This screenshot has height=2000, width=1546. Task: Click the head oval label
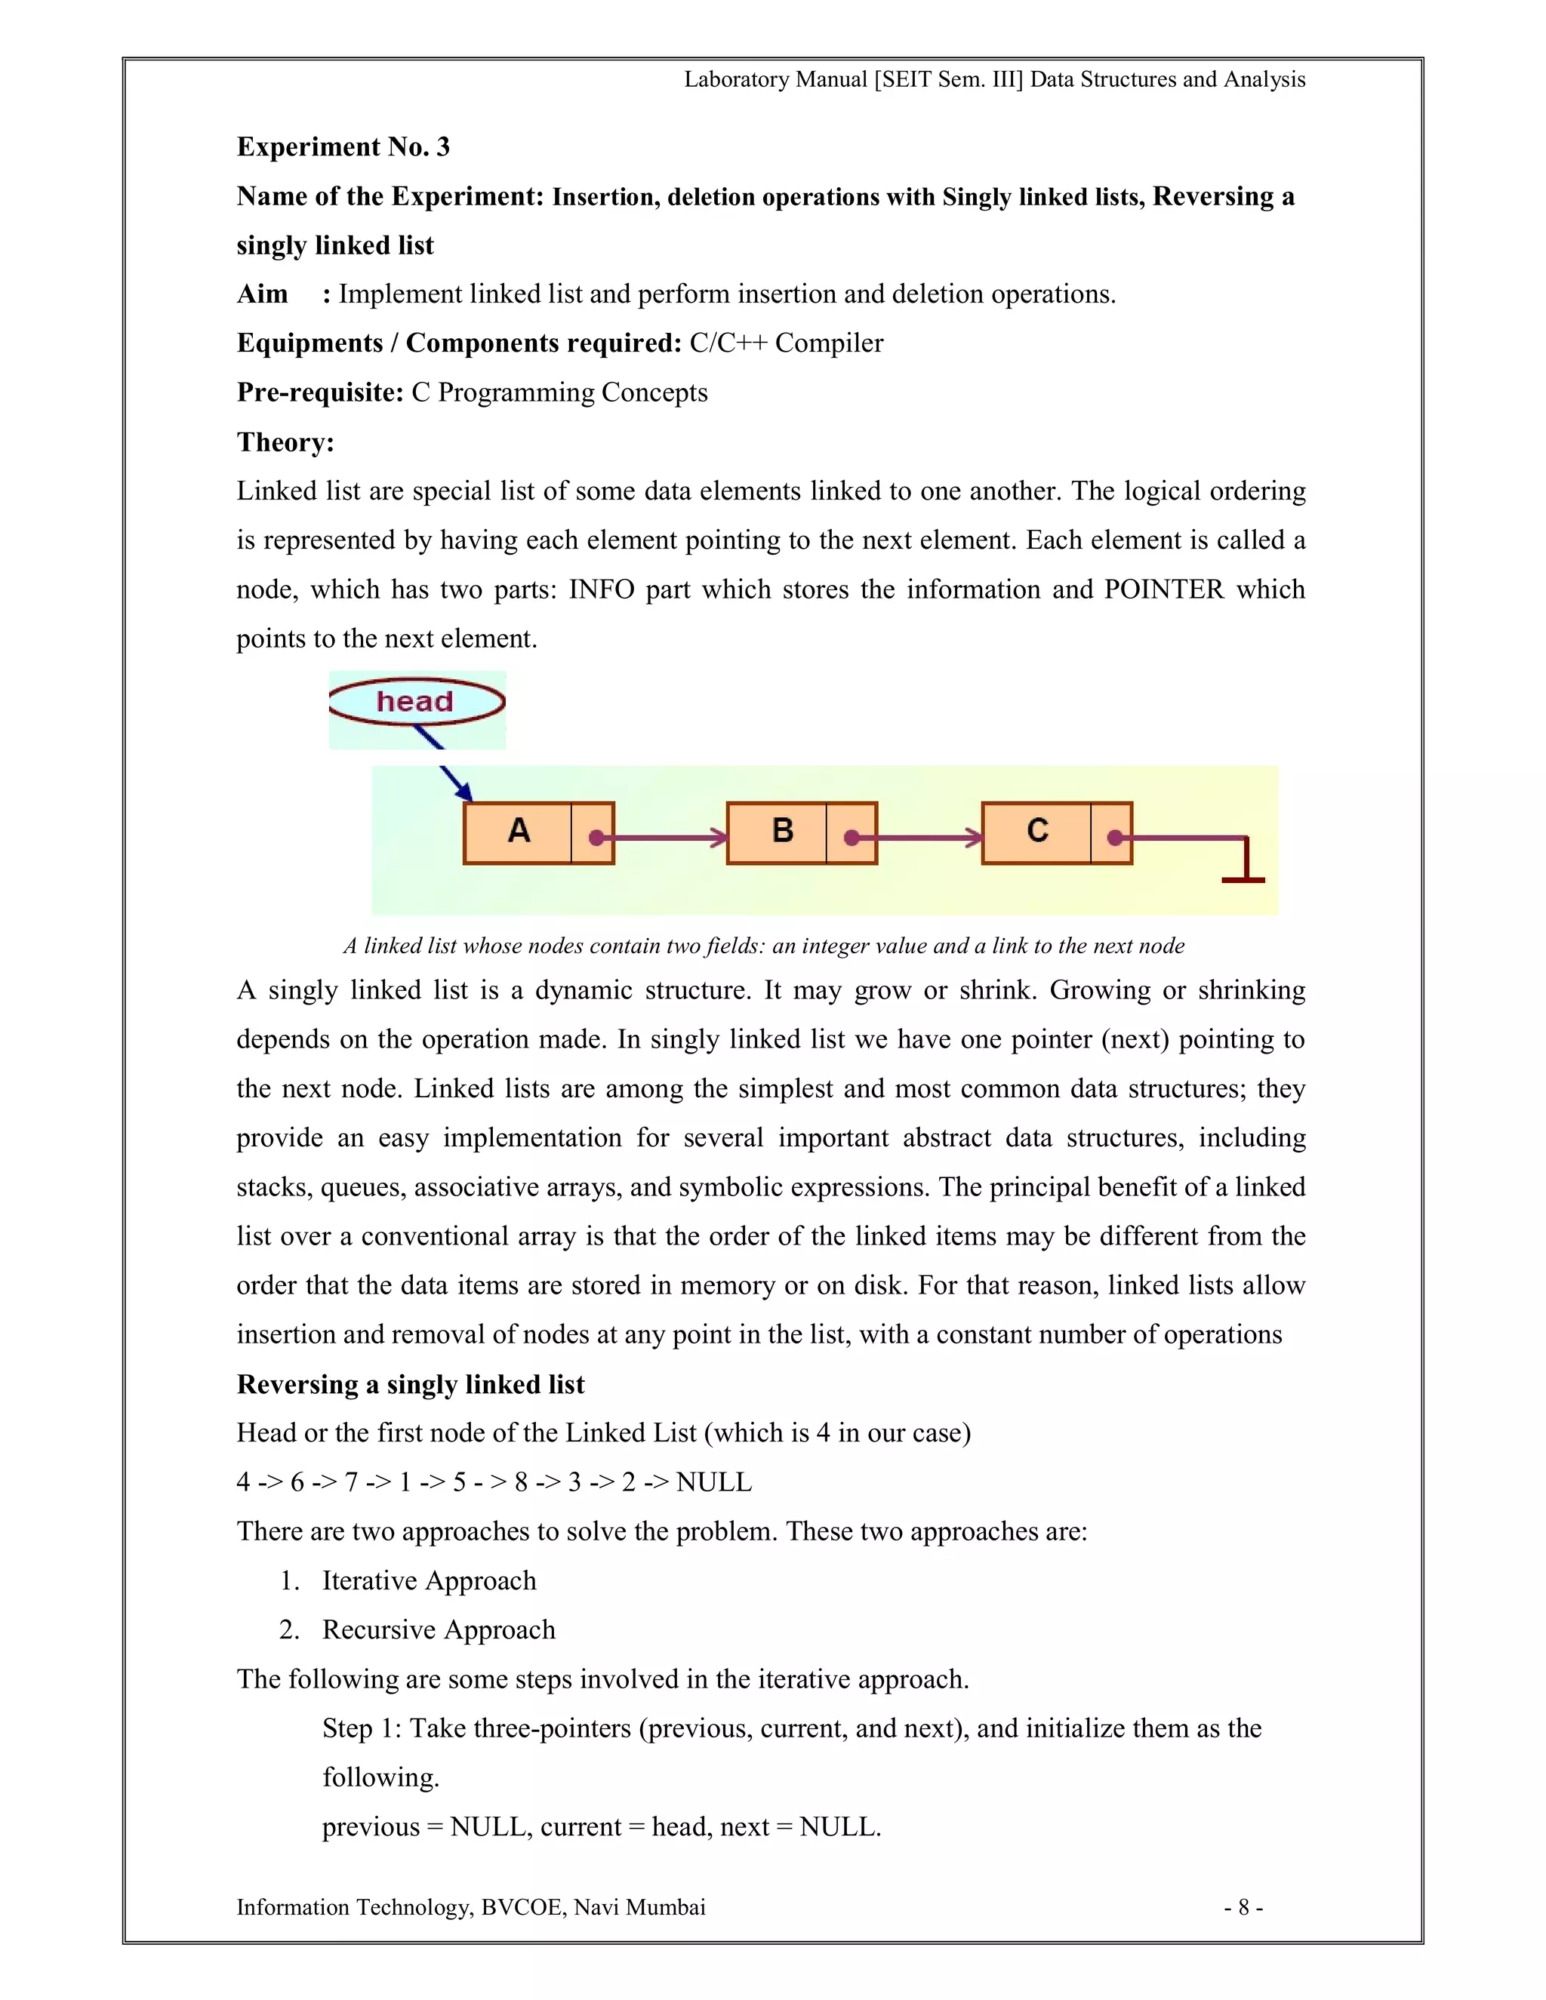point(416,701)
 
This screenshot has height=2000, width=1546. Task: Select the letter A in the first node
point(519,831)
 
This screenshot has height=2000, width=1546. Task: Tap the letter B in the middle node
point(782,831)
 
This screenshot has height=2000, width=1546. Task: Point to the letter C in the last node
point(1036,831)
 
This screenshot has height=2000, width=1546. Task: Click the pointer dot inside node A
point(596,837)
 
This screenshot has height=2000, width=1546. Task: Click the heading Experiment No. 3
point(343,146)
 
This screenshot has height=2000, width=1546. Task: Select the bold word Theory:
point(285,442)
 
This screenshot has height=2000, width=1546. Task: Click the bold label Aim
point(262,294)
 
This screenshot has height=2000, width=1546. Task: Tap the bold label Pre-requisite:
point(319,393)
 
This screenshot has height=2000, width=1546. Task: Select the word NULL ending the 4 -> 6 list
point(713,1482)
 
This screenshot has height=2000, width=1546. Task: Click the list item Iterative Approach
point(429,1580)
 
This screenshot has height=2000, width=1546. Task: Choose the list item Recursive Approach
point(439,1630)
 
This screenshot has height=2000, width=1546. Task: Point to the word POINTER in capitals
point(1163,589)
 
